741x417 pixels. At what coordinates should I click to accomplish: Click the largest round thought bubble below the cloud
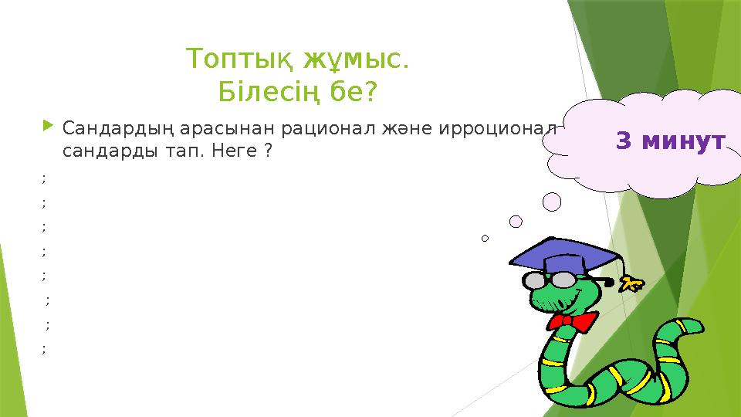[551, 202]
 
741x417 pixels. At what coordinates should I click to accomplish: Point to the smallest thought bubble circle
[485, 239]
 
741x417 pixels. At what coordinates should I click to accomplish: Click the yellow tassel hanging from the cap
[632, 283]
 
